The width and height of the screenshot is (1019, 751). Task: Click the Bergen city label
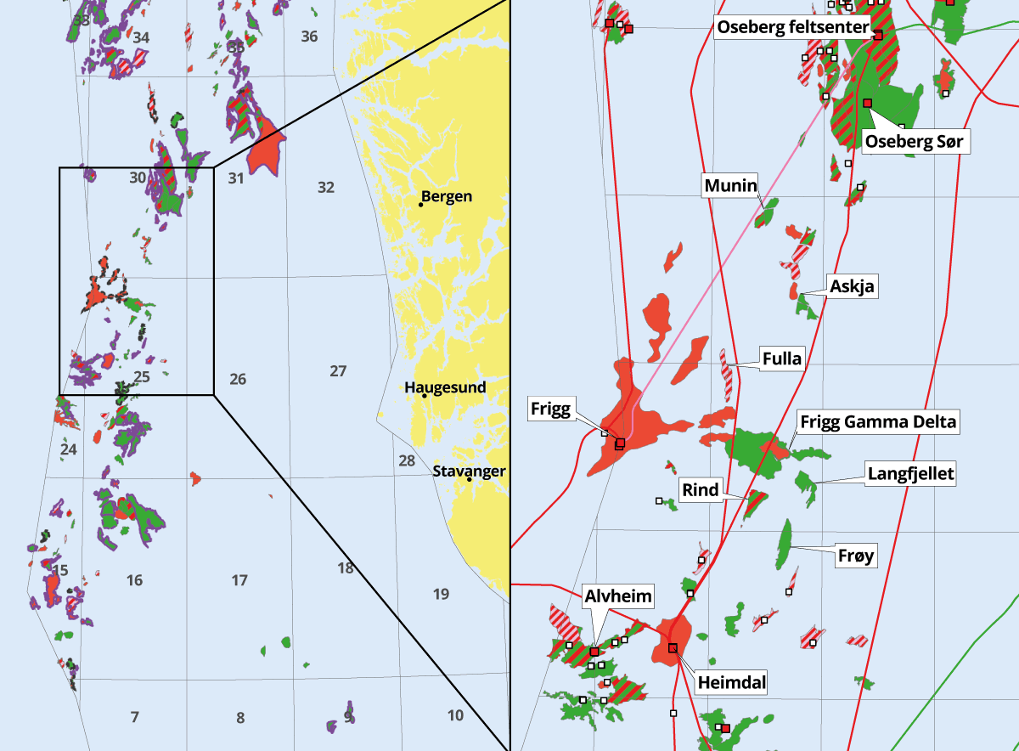point(447,197)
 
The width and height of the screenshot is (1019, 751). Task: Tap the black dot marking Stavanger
point(469,479)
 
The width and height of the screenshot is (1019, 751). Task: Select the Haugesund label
point(446,387)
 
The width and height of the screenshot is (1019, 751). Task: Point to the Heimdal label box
point(731,681)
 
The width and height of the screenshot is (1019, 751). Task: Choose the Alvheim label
point(618,596)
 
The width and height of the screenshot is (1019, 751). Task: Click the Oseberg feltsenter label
point(793,27)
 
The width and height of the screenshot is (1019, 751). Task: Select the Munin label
point(730,185)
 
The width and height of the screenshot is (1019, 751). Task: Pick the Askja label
point(852,287)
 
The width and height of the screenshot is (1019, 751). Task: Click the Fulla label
point(781,359)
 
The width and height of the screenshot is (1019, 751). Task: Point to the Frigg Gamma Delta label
point(877,421)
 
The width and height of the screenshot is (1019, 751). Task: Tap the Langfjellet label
point(910,473)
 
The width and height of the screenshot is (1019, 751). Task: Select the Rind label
point(701,489)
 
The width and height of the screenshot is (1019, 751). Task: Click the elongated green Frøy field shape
point(784,545)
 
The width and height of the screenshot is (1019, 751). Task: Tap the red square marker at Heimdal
point(673,648)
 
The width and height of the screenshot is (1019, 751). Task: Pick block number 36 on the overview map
point(309,36)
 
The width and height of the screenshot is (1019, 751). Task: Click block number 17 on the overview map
point(239,580)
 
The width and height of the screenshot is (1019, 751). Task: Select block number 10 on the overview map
point(455,715)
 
